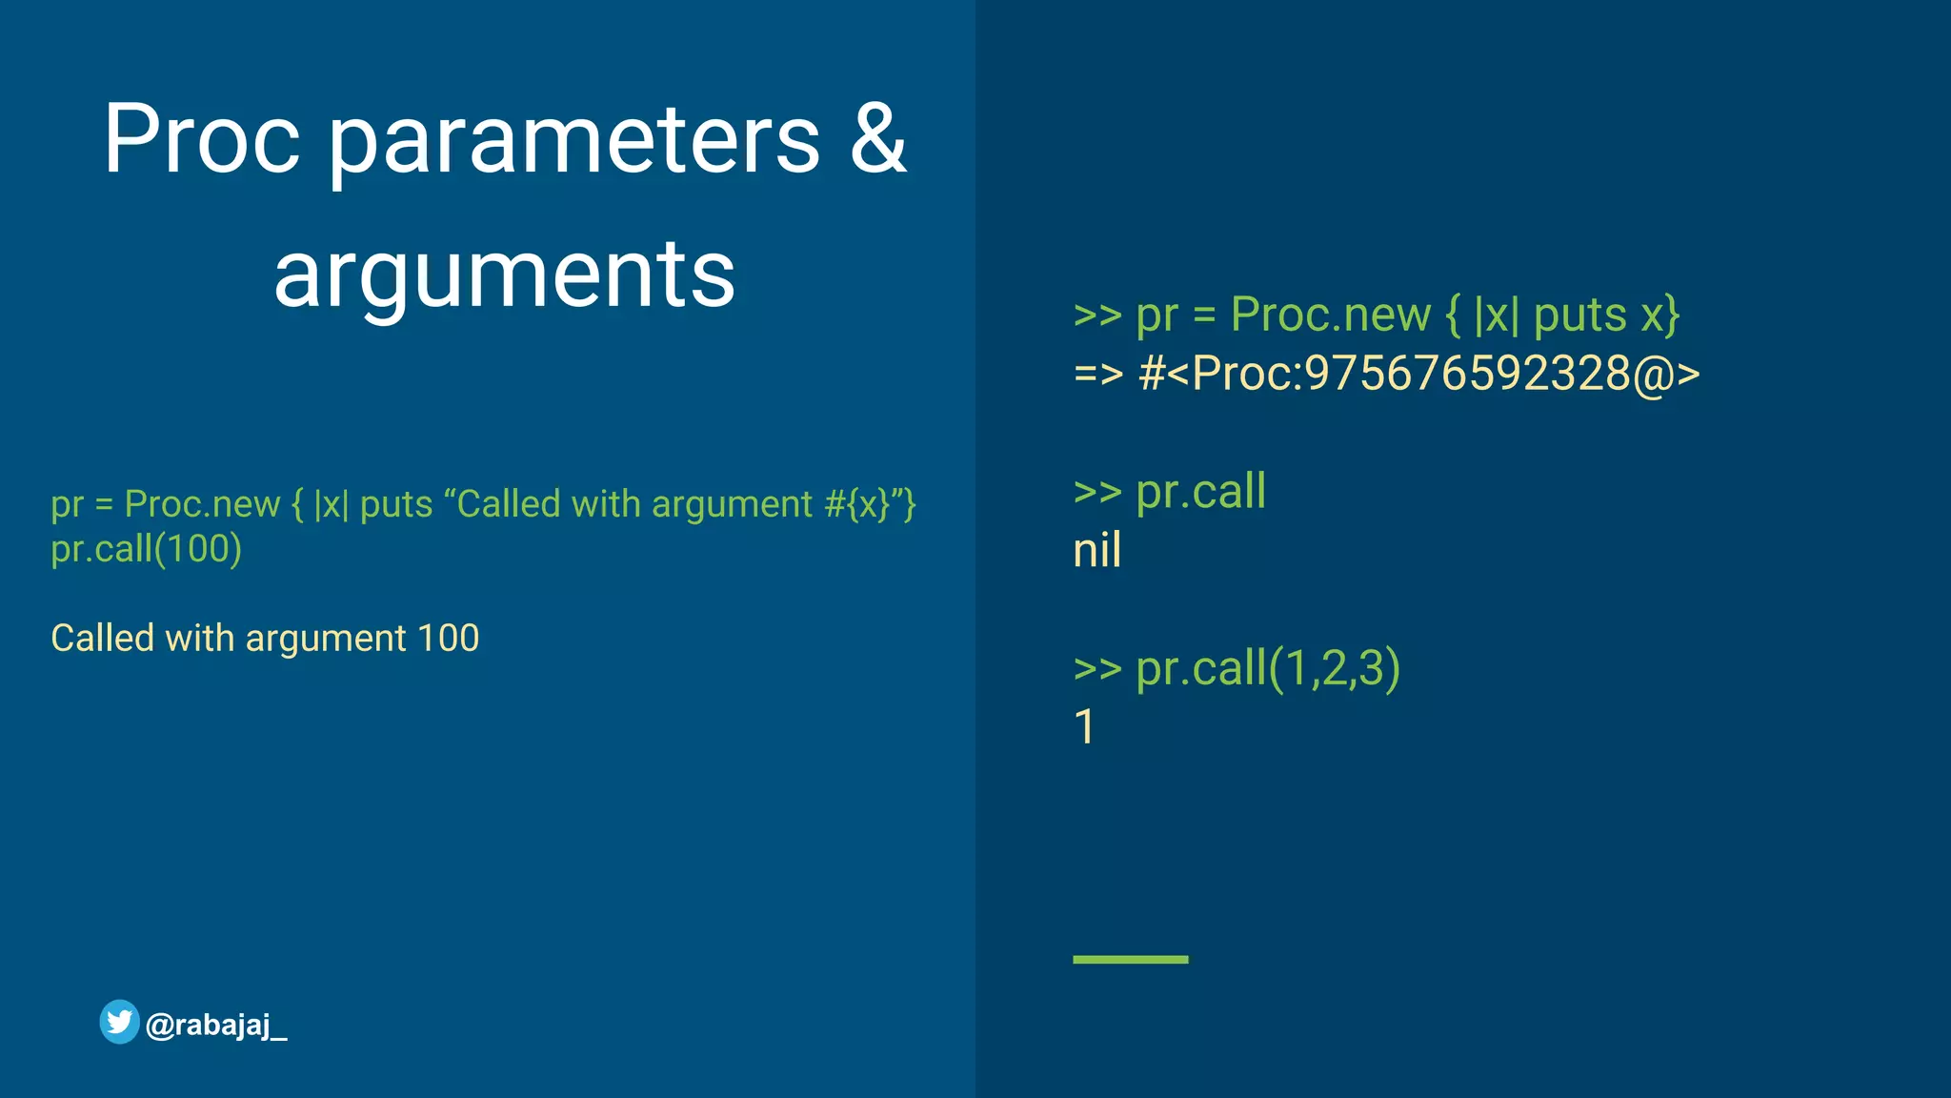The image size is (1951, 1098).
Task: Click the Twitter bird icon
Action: coord(120,1022)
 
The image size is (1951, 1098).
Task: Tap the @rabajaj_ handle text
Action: coord(216,1026)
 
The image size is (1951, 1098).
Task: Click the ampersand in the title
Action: coord(877,139)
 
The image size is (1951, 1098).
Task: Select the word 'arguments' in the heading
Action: coord(504,276)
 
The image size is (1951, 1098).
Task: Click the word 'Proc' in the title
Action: coord(201,139)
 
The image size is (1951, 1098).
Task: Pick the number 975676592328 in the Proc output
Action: coord(1467,373)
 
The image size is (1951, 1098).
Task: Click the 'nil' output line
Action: coord(1097,551)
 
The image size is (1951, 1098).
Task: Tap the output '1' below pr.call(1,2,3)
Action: coord(1084,727)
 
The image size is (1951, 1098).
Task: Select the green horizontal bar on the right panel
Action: coord(1130,959)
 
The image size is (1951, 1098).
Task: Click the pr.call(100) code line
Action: coord(147,549)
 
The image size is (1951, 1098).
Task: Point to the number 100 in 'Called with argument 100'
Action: coord(448,638)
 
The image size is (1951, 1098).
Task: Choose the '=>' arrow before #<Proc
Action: coord(1098,374)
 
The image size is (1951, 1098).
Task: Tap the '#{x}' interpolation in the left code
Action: coord(855,504)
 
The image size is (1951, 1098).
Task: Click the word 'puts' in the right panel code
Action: coord(1579,315)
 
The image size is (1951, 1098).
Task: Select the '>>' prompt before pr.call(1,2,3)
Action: coord(1097,668)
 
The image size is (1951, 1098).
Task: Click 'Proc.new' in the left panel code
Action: coord(202,504)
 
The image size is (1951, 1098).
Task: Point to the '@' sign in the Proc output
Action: coord(1654,374)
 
